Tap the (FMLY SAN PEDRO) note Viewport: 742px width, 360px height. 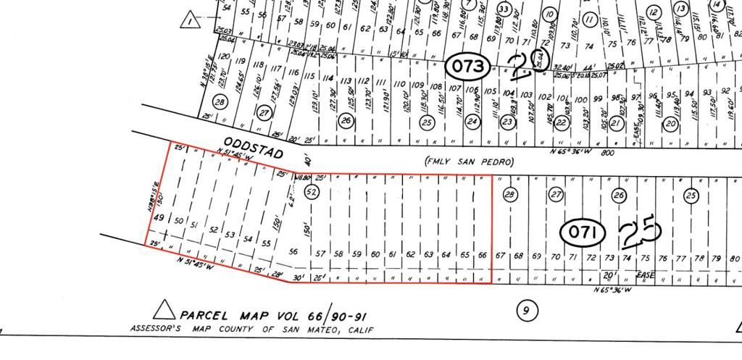469,162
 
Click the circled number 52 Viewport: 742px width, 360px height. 312,192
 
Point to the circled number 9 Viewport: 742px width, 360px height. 527,311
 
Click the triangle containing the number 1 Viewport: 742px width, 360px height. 191,20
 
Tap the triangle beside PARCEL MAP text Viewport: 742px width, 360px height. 165,311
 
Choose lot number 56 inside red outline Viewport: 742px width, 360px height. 293,252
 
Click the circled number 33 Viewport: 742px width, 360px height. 504,9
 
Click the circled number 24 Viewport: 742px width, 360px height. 472,122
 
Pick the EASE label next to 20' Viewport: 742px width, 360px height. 646,275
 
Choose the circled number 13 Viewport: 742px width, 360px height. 680,9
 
